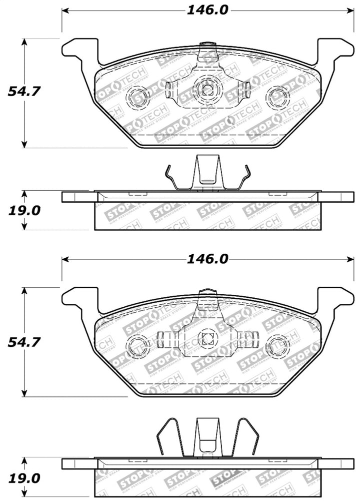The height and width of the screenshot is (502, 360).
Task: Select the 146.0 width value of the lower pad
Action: [207, 259]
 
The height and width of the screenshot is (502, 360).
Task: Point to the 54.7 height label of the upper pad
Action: [23, 92]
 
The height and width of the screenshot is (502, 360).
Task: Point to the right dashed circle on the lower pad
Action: [277, 345]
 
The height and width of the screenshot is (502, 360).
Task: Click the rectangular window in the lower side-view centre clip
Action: [207, 444]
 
